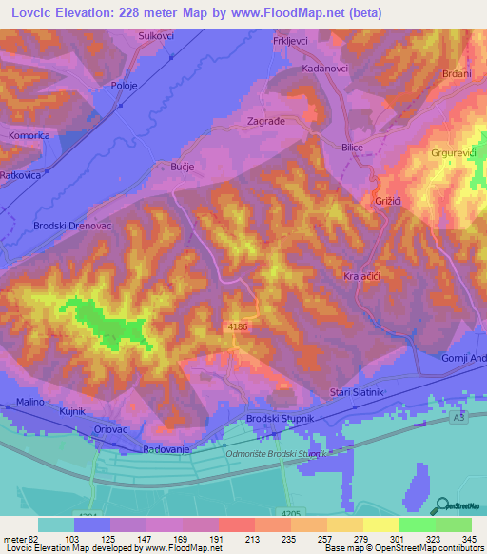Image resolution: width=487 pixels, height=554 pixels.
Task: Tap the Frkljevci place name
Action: (291, 43)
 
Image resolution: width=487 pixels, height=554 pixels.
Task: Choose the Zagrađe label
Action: (266, 123)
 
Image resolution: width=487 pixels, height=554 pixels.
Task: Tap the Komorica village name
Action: (29, 136)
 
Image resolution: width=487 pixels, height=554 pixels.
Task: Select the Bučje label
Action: (182, 165)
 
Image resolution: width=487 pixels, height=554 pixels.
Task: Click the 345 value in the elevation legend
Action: (470, 540)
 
